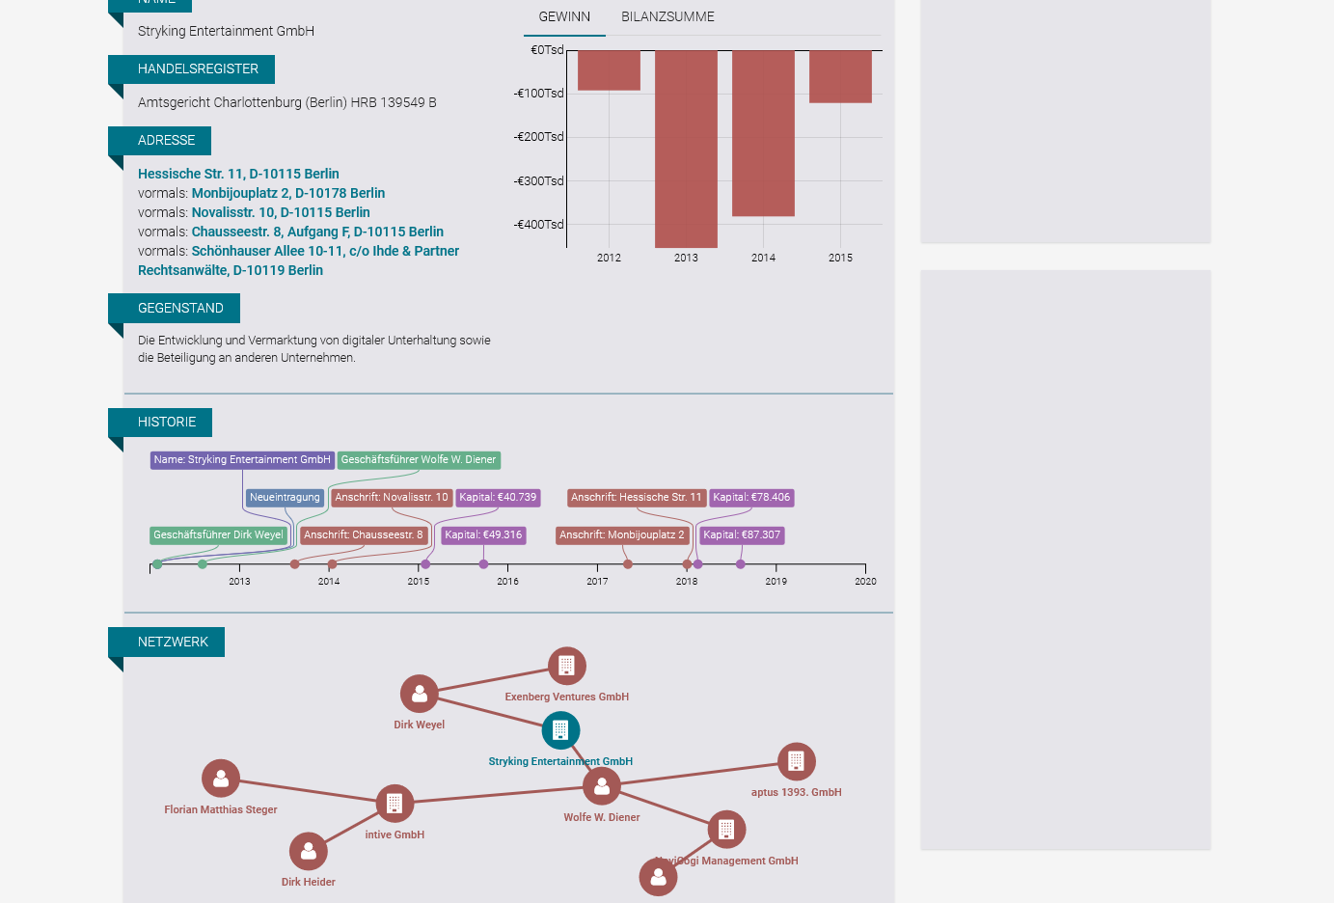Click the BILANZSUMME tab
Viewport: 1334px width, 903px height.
coord(667,17)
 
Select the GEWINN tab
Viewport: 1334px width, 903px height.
coord(564,17)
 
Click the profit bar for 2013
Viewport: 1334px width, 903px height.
coord(686,149)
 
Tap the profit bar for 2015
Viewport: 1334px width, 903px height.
coord(840,76)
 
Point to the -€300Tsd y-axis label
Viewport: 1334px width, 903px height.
coord(539,181)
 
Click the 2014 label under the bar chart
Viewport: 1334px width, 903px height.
coord(763,258)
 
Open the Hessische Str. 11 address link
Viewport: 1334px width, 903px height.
coord(238,174)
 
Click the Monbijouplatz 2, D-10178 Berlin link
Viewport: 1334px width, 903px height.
coord(287,193)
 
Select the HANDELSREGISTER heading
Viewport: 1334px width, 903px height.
coord(198,69)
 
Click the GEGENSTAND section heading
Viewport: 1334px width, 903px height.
coord(180,308)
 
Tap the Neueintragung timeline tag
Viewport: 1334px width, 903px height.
coord(285,498)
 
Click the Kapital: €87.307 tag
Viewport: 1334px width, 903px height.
coord(742,535)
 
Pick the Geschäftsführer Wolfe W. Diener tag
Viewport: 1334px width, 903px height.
coord(419,460)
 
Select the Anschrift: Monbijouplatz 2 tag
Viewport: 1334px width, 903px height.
coord(621,535)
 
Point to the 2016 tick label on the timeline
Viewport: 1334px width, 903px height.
coord(507,581)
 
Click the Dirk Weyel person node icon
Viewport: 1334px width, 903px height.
coord(420,694)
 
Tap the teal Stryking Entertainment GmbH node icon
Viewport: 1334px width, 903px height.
coord(560,730)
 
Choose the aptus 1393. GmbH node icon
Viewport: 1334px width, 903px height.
coord(796,761)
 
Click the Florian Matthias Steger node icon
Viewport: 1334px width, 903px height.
coord(221,779)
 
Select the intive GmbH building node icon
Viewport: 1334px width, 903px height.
coord(395,803)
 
